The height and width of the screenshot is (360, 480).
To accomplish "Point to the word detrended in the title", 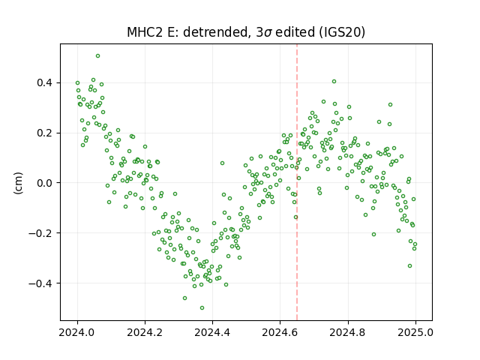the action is tap(215, 32).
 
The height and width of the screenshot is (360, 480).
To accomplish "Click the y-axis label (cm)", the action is tap(18, 183).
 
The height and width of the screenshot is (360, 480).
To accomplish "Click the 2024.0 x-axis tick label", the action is tap(77, 332).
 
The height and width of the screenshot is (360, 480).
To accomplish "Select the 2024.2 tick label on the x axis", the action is tap(145, 332).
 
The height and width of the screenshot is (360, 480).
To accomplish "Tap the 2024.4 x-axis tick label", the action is tap(212, 332).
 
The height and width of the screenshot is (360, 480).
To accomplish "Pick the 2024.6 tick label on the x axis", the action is tap(280, 332).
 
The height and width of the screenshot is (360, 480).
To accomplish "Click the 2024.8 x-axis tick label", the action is tap(348, 332).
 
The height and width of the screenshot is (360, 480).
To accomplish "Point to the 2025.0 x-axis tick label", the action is tap(415, 332).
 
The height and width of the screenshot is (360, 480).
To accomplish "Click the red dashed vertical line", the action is tap(297, 182).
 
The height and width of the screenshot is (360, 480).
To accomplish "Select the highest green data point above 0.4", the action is tap(97, 56).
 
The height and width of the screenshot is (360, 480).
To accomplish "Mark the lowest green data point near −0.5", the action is tap(202, 308).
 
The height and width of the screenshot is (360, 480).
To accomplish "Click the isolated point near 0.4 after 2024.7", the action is tap(334, 82).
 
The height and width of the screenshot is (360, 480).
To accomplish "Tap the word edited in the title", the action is tap(295, 32).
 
